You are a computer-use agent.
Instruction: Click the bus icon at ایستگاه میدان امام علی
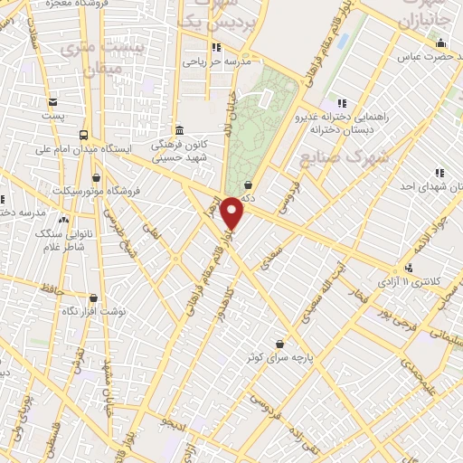coord(84,135)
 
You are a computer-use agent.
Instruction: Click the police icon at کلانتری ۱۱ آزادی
coord(410,268)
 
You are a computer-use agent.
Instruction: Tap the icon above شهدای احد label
coord(439,172)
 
